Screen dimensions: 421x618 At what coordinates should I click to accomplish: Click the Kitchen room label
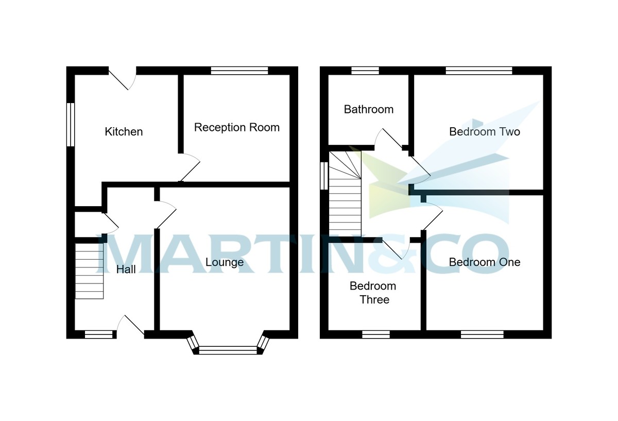pos(124,132)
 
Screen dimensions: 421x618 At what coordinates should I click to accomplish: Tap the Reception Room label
pos(236,127)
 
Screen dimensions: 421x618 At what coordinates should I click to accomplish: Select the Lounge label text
pos(225,262)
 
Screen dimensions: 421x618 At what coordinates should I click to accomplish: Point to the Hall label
pos(126,269)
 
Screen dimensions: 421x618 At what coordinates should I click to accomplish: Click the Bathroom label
pos(369,109)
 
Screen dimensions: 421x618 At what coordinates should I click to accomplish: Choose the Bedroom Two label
pos(485,132)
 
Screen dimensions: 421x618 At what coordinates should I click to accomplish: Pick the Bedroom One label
pos(485,262)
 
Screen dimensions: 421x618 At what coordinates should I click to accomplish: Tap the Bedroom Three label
pos(373,293)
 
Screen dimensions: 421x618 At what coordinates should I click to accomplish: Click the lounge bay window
pos(228,350)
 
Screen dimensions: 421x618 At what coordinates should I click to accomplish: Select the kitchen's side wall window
pos(71,125)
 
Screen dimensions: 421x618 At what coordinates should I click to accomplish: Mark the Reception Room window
pos(239,71)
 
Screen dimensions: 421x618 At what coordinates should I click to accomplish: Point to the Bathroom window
pos(365,71)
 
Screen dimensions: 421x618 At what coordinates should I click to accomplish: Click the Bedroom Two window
pos(479,71)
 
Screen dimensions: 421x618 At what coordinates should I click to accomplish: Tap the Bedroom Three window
pos(376,334)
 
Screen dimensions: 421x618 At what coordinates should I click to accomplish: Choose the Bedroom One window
pos(482,334)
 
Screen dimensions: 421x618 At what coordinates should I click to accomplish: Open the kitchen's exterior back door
pos(123,78)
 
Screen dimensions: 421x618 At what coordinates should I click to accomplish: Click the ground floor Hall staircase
pos(90,271)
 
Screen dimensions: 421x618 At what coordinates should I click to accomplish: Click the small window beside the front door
pos(98,334)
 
